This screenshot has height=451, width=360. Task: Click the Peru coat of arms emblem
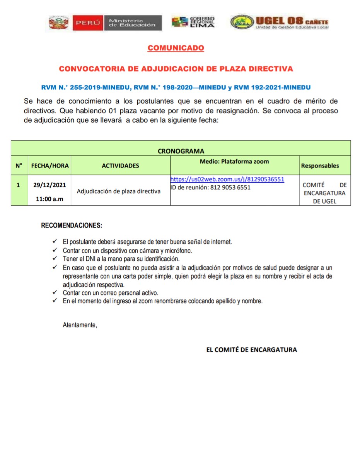click(58, 23)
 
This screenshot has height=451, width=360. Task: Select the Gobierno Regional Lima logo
click(193, 22)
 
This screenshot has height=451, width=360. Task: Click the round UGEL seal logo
click(242, 22)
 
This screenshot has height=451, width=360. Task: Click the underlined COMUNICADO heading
click(176, 48)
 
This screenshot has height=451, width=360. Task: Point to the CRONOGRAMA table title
click(181, 151)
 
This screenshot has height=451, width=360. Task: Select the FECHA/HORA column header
click(50, 166)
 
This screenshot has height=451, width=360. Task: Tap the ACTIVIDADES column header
click(120, 166)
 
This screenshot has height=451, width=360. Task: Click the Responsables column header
click(320, 166)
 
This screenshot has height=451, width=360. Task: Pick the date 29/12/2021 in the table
click(49, 185)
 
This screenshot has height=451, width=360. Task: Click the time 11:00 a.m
click(49, 199)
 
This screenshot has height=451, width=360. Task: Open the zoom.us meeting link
click(227, 179)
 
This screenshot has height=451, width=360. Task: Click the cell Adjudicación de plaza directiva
click(118, 191)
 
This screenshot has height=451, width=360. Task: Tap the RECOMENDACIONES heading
click(72, 225)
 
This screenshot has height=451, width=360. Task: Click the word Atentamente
click(80, 325)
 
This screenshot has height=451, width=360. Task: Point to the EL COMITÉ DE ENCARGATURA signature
click(252, 350)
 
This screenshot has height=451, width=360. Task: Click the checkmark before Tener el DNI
click(55, 258)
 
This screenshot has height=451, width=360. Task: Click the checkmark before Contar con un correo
click(55, 293)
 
